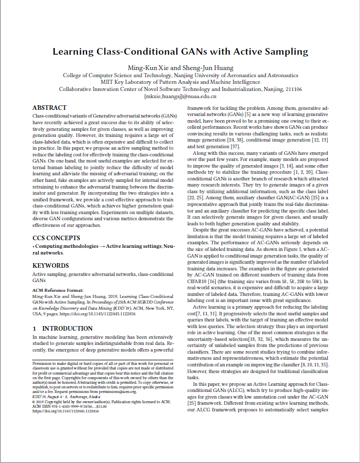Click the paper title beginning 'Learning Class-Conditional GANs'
tap(181, 51)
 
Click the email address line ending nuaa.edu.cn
tap(181, 96)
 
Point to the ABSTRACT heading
tap(49, 108)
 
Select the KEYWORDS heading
tap(51, 266)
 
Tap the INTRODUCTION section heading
tap(62, 329)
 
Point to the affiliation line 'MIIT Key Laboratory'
tap(181, 82)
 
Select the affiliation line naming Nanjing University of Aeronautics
tap(181, 75)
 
